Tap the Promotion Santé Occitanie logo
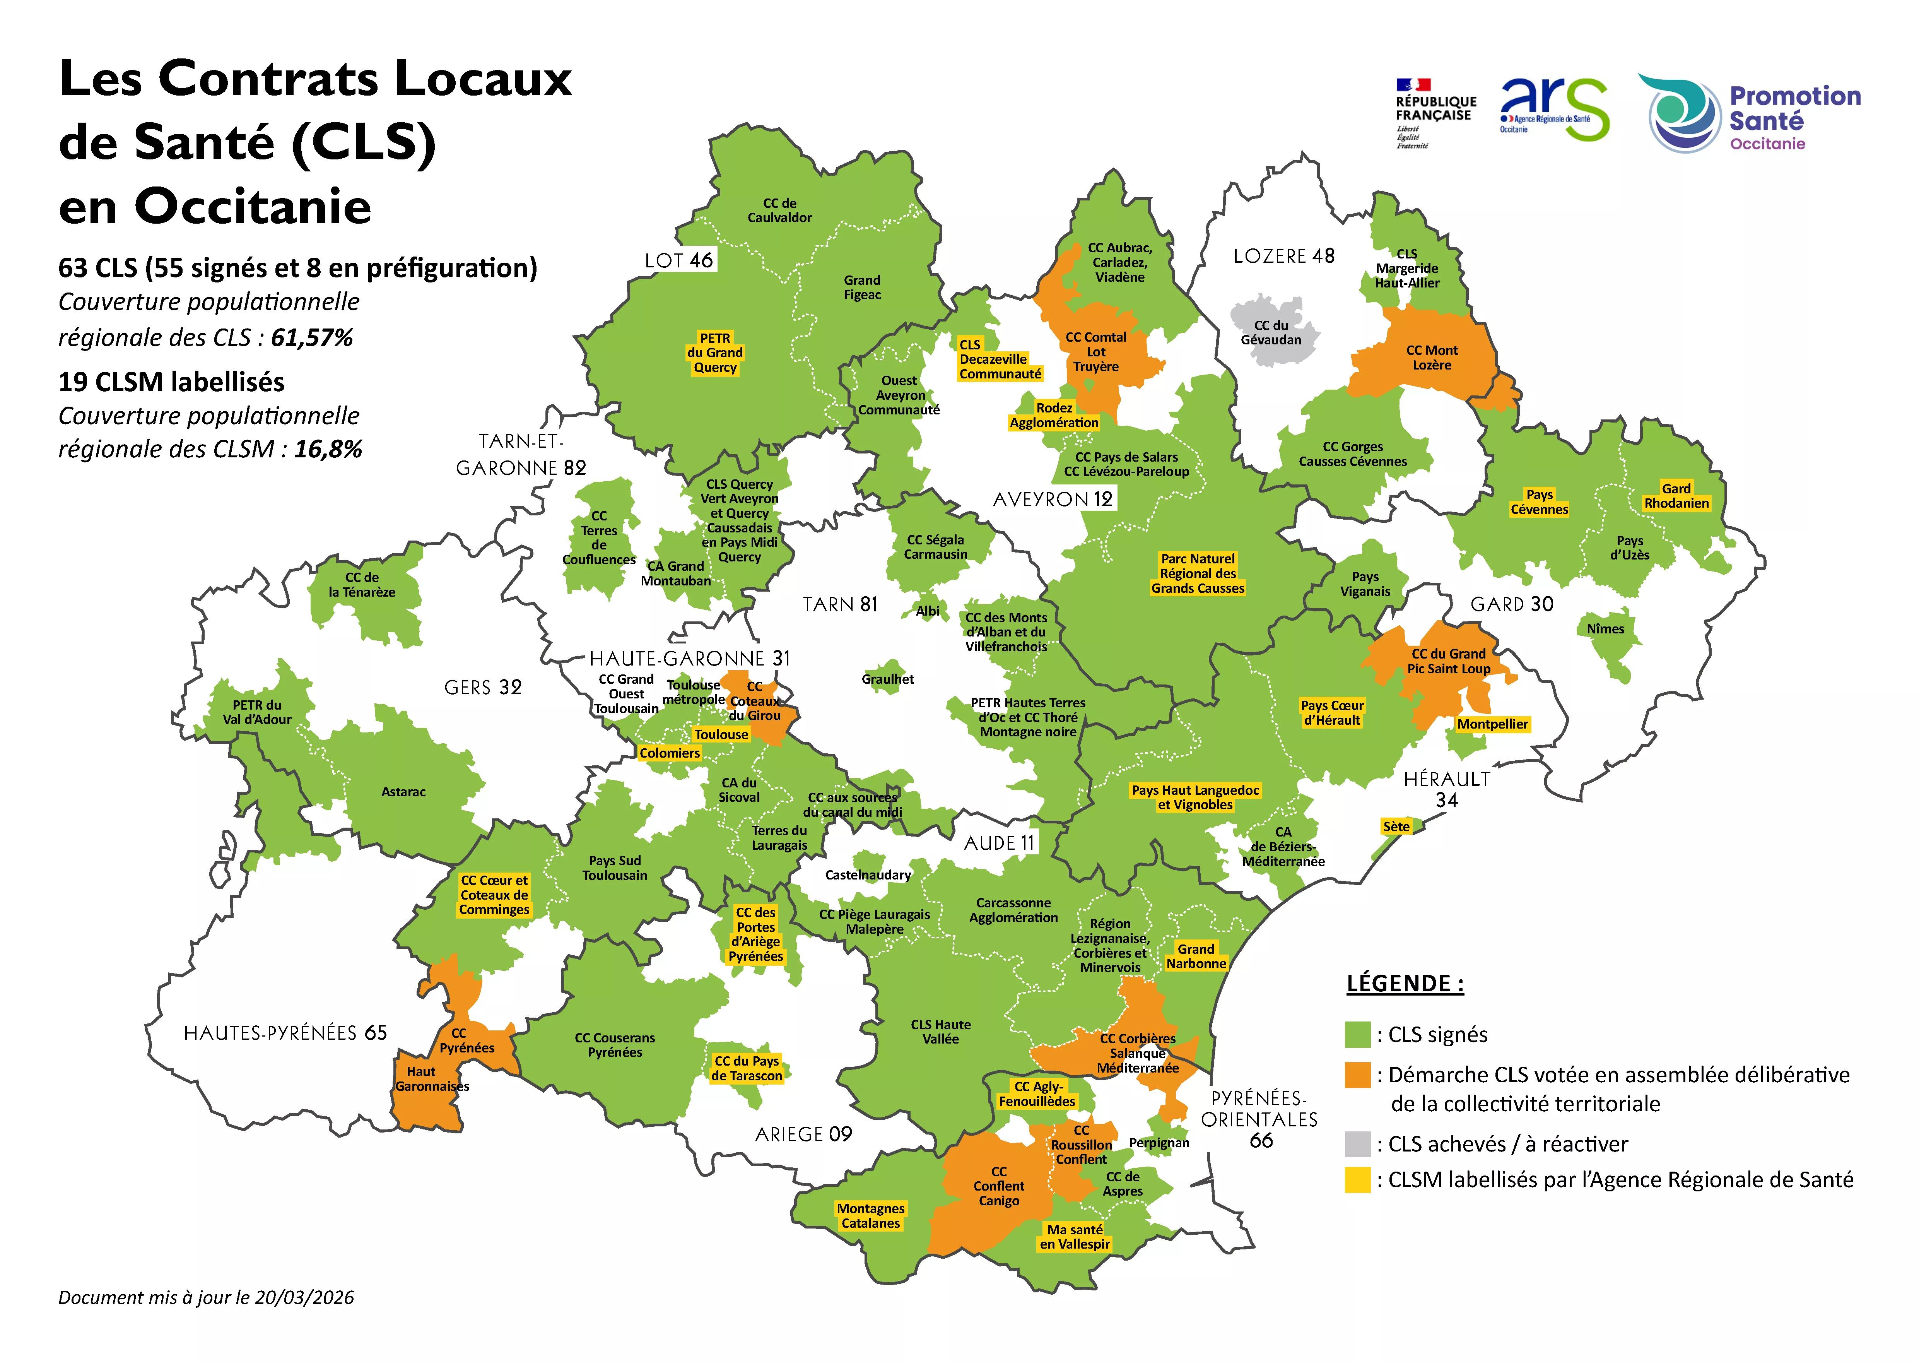(x=1754, y=113)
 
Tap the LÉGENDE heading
(x=1405, y=984)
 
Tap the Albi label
(x=927, y=611)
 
